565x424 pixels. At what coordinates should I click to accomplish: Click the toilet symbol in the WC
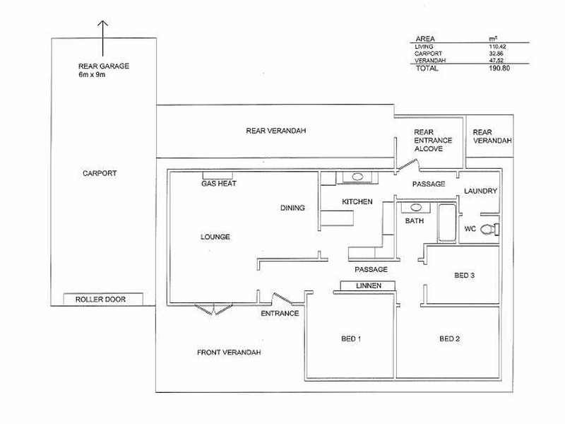click(489, 229)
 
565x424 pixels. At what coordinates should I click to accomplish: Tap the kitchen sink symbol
click(357, 177)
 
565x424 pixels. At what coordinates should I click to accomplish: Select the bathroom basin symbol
click(416, 208)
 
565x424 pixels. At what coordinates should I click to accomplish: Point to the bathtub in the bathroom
click(447, 223)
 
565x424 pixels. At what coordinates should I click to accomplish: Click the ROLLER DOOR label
click(100, 299)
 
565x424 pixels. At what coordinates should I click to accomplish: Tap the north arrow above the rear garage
click(102, 38)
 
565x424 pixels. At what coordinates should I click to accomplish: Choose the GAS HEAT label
click(219, 184)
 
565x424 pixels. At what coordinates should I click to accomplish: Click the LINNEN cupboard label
click(369, 285)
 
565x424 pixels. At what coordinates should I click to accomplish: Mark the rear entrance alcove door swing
click(408, 165)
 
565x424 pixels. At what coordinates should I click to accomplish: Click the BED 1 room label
click(351, 338)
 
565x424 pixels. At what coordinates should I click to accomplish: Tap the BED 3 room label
click(464, 276)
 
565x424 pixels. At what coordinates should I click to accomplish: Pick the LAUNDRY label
click(480, 191)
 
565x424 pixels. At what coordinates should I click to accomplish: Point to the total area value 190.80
click(499, 68)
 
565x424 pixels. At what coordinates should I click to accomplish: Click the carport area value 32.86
click(496, 54)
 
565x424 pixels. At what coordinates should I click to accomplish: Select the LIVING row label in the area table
click(424, 47)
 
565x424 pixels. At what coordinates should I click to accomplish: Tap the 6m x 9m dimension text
click(92, 75)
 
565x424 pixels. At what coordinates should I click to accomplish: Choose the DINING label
click(292, 208)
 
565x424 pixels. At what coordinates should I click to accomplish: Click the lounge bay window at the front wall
click(214, 310)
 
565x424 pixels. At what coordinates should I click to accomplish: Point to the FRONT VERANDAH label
click(229, 352)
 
